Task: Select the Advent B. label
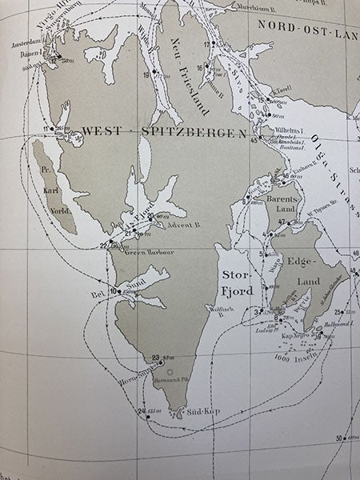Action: point(175,226)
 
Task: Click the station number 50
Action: point(340,438)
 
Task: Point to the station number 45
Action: point(255,142)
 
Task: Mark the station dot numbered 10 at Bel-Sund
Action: point(118,292)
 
